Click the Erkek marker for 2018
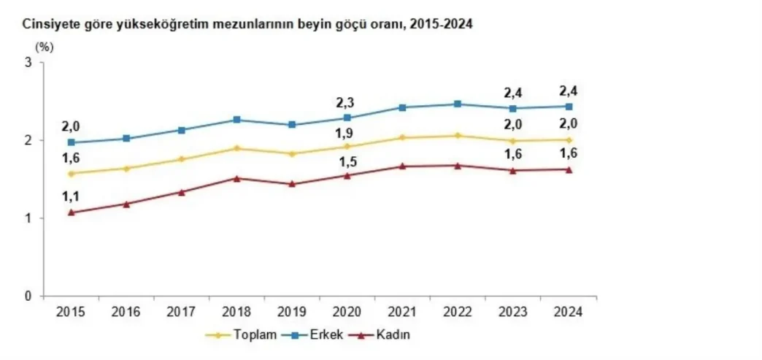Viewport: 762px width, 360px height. [x=237, y=120]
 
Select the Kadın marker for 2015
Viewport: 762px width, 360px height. [x=72, y=212]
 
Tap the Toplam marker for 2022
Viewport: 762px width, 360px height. [x=458, y=135]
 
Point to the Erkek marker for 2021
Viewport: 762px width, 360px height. [x=402, y=107]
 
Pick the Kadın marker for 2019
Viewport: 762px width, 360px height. [x=292, y=184]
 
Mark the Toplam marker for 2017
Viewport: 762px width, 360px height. [x=182, y=159]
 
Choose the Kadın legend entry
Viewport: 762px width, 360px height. [x=384, y=334]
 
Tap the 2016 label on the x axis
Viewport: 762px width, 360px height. [x=126, y=312]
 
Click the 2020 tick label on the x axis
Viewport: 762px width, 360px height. [x=347, y=312]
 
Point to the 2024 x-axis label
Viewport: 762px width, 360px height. [x=568, y=312]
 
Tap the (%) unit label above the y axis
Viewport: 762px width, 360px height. [x=44, y=47]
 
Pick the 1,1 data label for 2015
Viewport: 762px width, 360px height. [x=71, y=195]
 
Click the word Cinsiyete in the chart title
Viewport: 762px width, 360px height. [x=47, y=24]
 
